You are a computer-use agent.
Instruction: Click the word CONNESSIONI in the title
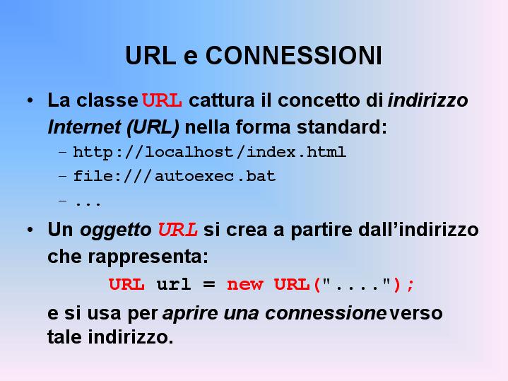[294, 55]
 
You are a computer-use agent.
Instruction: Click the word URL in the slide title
[150, 55]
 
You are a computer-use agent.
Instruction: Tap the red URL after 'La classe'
[162, 100]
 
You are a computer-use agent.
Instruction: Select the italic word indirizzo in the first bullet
[428, 100]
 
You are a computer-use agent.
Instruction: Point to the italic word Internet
[84, 127]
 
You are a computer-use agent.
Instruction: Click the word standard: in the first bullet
[342, 127]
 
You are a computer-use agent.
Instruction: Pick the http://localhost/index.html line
[210, 152]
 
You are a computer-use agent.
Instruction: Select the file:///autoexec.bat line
[175, 176]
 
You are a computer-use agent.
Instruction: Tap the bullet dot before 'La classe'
[30, 100]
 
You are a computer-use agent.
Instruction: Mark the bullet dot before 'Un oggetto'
[30, 230]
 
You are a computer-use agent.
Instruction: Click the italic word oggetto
[116, 230]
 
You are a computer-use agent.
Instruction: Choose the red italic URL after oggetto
[177, 230]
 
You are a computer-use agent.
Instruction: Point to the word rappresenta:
[148, 257]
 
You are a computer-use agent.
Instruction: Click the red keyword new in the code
[245, 285]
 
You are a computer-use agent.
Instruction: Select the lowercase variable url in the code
[173, 284]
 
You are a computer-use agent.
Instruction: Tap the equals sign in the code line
[209, 285]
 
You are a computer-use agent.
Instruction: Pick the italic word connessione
[325, 314]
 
